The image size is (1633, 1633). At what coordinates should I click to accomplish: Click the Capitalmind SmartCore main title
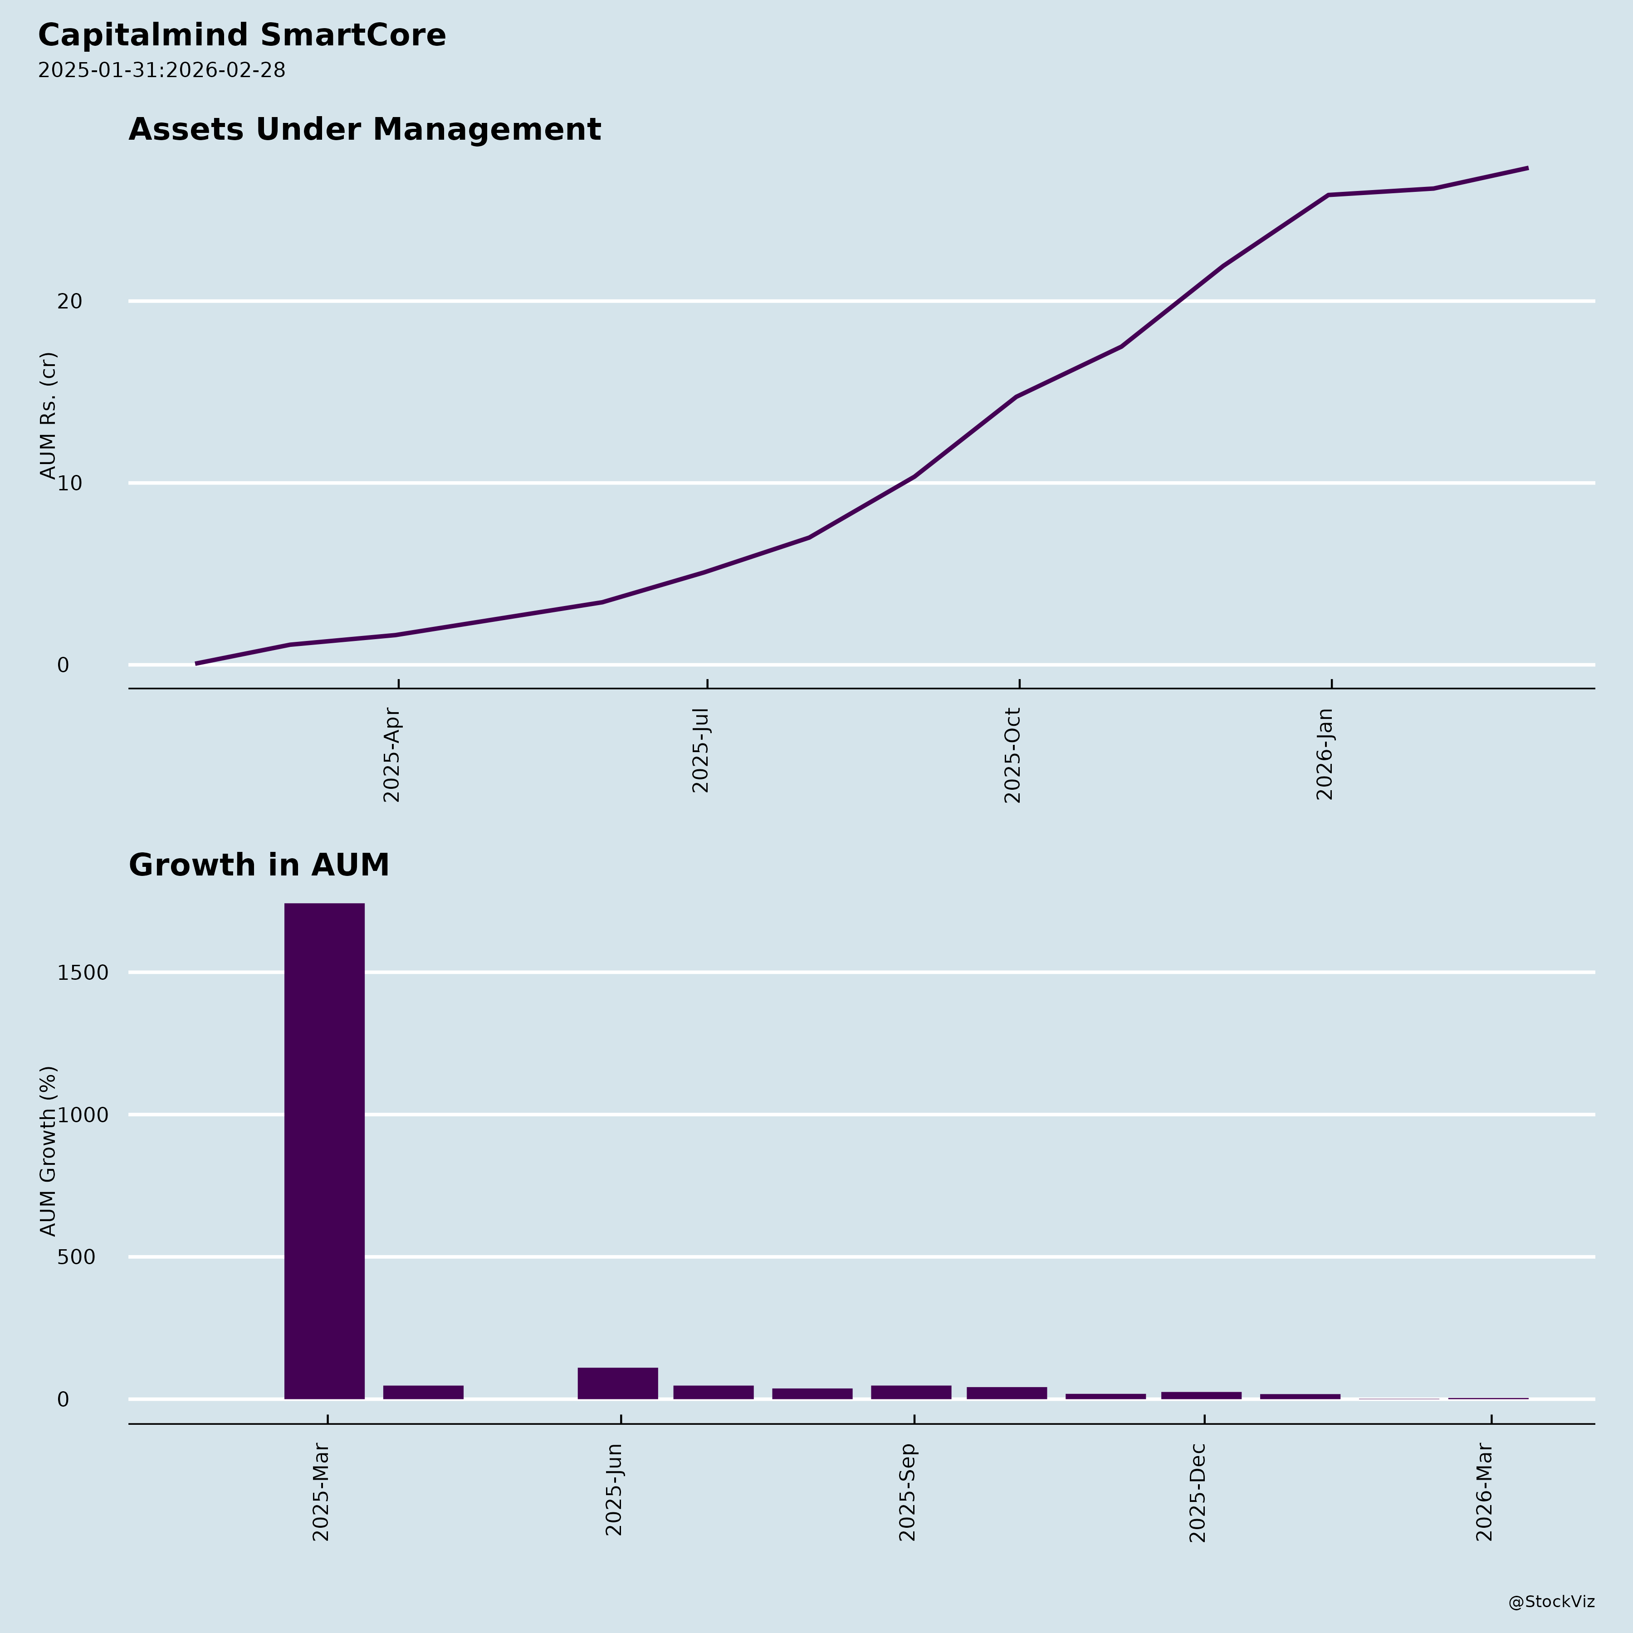[x=242, y=35]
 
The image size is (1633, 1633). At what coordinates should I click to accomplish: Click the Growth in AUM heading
[x=259, y=865]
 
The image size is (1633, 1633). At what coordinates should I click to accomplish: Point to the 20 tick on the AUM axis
[x=69, y=302]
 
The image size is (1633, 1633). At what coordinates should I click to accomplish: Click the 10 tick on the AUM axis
[x=69, y=484]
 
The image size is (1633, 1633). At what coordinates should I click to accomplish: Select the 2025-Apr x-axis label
[x=391, y=755]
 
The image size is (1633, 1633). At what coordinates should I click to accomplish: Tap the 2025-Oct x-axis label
[x=1012, y=755]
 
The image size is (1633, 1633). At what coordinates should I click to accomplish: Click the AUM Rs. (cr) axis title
[x=48, y=416]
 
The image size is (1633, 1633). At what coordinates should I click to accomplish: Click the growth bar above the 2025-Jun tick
[x=618, y=1382]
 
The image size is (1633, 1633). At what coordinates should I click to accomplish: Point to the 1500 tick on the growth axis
[x=83, y=973]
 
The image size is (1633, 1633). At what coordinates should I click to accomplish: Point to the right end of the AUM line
[x=1526, y=168]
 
